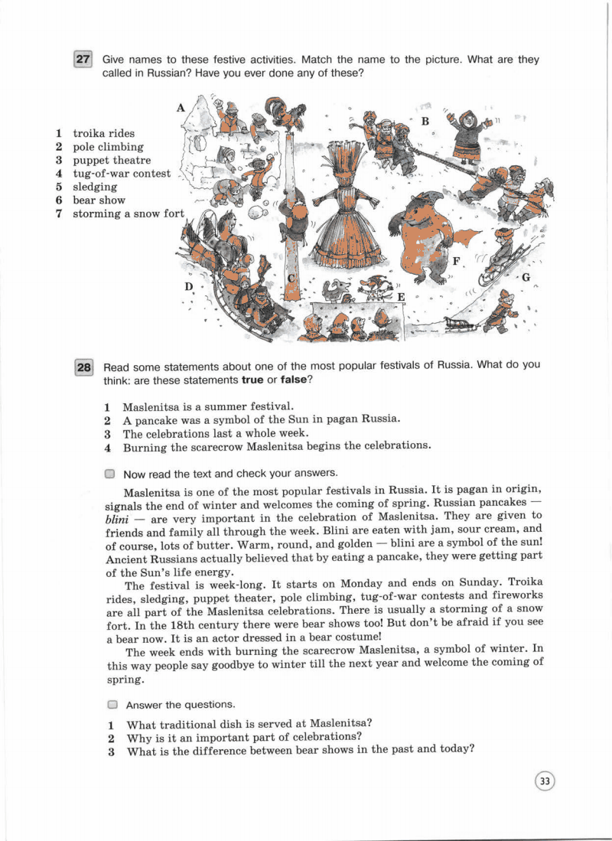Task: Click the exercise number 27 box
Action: coord(83,60)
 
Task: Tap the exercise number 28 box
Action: coord(83,368)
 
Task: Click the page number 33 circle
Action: coord(545,781)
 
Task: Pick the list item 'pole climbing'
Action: coord(108,147)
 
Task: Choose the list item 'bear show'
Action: coord(99,200)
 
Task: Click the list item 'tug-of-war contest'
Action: coord(122,174)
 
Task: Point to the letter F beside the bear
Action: coord(456,261)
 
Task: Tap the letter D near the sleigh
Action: coord(188,286)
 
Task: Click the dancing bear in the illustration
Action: coord(423,233)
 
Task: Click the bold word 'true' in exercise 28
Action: coord(252,380)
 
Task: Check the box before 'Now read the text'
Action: coord(110,474)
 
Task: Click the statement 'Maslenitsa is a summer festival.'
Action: coord(208,406)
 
